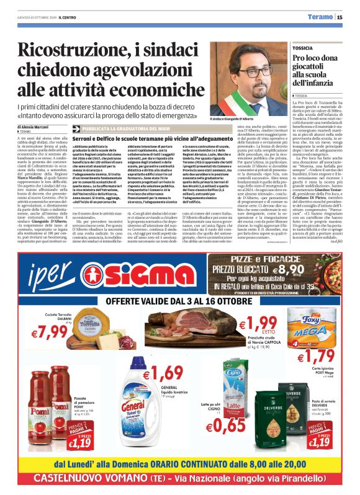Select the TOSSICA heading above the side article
pos(304,47)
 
